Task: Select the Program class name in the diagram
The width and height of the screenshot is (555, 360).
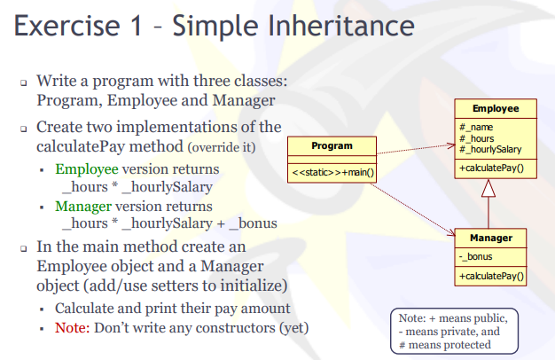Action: click(x=332, y=145)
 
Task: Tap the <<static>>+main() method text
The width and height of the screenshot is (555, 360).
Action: click(x=332, y=172)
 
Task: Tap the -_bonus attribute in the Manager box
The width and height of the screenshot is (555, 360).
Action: click(x=476, y=257)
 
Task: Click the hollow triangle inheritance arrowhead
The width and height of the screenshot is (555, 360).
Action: click(x=488, y=188)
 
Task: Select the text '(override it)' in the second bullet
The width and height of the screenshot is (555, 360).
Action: click(x=222, y=145)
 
